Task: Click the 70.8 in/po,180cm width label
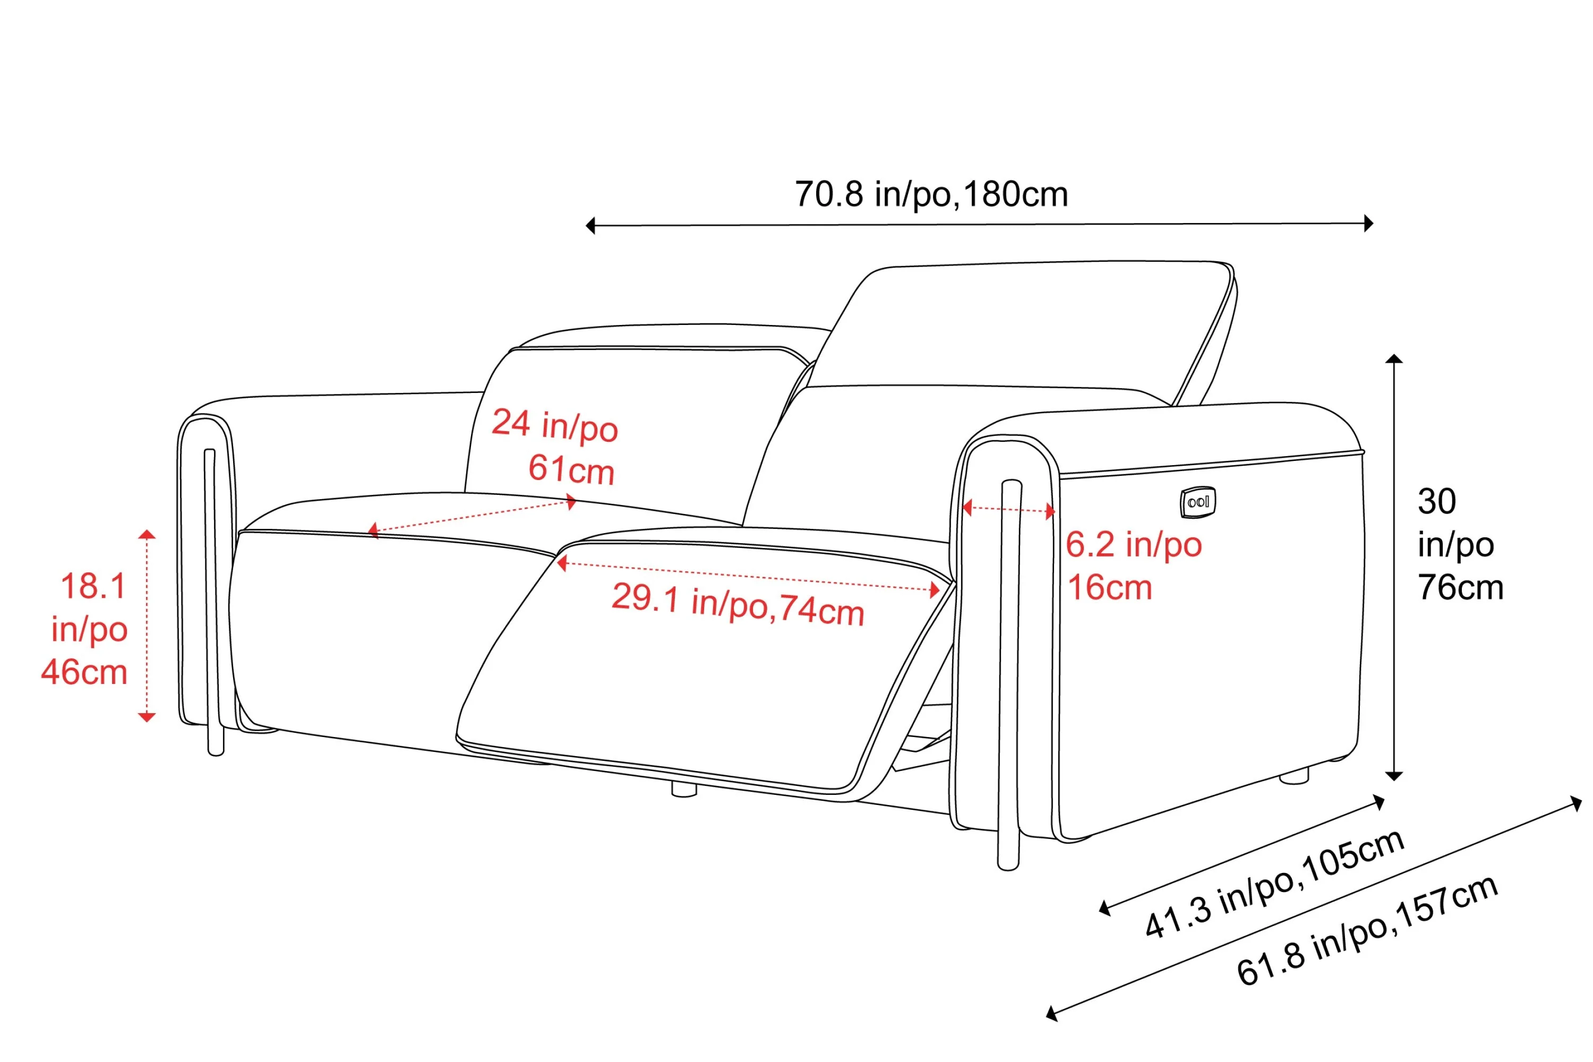[x=931, y=194]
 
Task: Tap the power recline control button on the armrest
[x=1197, y=502]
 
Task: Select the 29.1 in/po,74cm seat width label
[x=738, y=604]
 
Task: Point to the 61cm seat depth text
[x=571, y=469]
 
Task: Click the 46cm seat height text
[x=84, y=673]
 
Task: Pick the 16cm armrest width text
[x=1109, y=587]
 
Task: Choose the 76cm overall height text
[x=1460, y=587]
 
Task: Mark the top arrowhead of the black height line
[x=1394, y=358]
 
